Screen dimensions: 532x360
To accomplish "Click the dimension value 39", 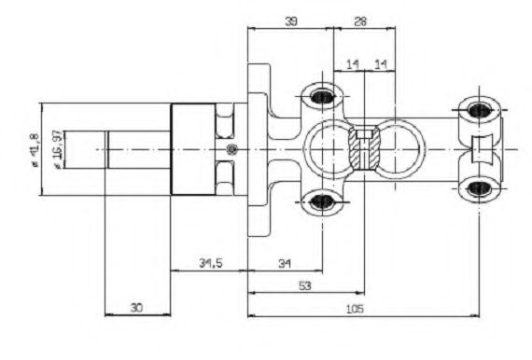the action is (x=291, y=21).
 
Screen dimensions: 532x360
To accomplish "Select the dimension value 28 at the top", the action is (x=360, y=21).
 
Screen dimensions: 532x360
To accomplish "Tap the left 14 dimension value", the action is (x=352, y=64).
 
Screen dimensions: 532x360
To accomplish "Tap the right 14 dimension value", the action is (x=381, y=64).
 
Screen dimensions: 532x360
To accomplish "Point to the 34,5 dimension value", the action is (x=211, y=263).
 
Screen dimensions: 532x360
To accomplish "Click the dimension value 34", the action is (x=285, y=263).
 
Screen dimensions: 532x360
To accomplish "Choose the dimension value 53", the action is (x=305, y=286).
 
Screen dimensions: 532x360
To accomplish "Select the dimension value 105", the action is (x=355, y=309).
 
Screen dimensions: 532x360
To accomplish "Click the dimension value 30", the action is (x=136, y=308).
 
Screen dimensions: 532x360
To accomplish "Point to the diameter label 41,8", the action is (x=35, y=149).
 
